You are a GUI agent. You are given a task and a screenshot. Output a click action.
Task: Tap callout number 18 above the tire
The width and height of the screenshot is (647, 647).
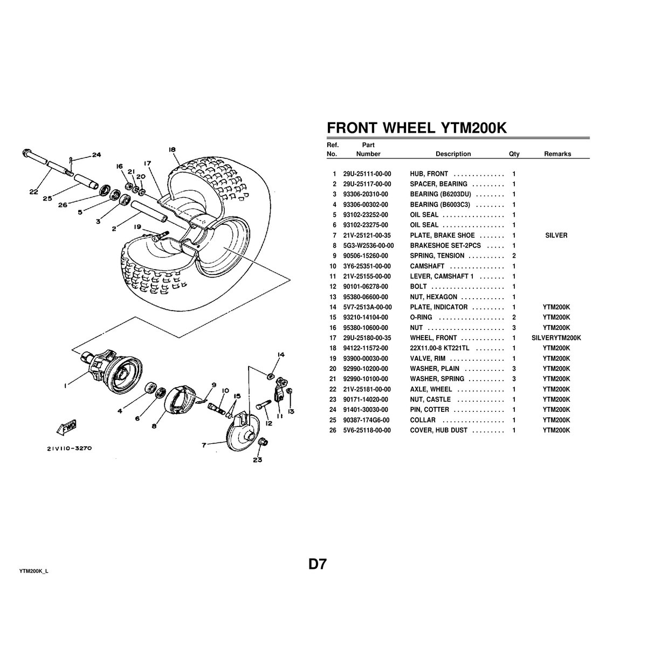(x=172, y=149)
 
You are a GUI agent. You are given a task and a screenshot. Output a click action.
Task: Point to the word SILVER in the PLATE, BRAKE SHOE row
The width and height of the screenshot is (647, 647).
(x=556, y=236)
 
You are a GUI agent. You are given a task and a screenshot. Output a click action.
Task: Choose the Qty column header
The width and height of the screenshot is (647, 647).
(x=514, y=154)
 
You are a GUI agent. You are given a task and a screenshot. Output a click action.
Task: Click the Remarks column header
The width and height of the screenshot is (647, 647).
(x=557, y=154)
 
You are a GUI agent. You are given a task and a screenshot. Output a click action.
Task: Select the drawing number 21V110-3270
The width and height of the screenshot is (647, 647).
(x=68, y=447)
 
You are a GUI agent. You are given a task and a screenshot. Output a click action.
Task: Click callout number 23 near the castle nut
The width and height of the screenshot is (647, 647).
(x=257, y=460)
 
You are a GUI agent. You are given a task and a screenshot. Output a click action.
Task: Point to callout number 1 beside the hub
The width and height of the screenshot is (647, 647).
(x=65, y=385)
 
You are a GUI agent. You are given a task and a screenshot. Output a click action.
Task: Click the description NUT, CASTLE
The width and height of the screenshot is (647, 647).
(x=430, y=400)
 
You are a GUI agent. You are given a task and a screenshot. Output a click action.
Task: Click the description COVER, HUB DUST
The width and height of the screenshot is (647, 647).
(x=438, y=430)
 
